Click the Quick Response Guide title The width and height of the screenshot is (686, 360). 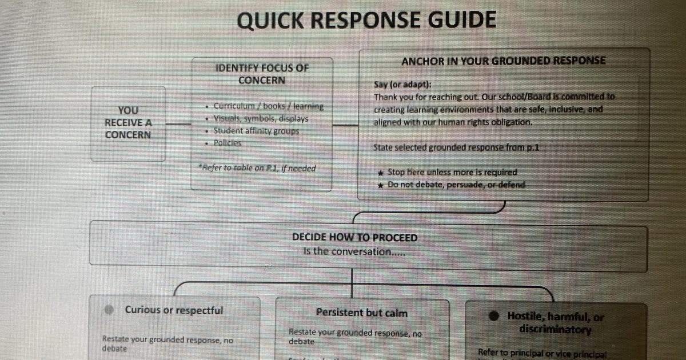pyautogui.click(x=366, y=21)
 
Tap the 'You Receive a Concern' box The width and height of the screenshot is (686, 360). pyautogui.click(x=128, y=122)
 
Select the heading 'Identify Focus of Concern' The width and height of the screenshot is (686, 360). pyautogui.click(x=261, y=74)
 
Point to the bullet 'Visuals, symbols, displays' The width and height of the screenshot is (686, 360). pyautogui.click(x=261, y=119)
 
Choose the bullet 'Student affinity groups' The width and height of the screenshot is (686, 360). pyautogui.click(x=256, y=131)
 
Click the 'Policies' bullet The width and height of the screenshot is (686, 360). pyautogui.click(x=227, y=143)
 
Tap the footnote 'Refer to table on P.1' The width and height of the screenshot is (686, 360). pyautogui.click(x=257, y=168)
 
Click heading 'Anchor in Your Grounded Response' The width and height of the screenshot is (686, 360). pyautogui.click(x=503, y=61)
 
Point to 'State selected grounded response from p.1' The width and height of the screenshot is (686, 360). pyautogui.click(x=456, y=147)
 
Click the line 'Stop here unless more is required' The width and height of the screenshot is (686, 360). pyautogui.click(x=452, y=172)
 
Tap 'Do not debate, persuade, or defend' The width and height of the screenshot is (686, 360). pyautogui.click(x=456, y=185)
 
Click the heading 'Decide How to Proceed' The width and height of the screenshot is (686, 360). pyautogui.click(x=354, y=237)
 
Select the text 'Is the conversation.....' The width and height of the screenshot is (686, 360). pyautogui.click(x=352, y=251)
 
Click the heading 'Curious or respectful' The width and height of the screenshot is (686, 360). pyautogui.click(x=174, y=310)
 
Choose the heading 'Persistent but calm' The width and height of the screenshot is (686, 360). pyautogui.click(x=362, y=313)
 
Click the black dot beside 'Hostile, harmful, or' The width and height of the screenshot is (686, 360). pyautogui.click(x=495, y=316)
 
